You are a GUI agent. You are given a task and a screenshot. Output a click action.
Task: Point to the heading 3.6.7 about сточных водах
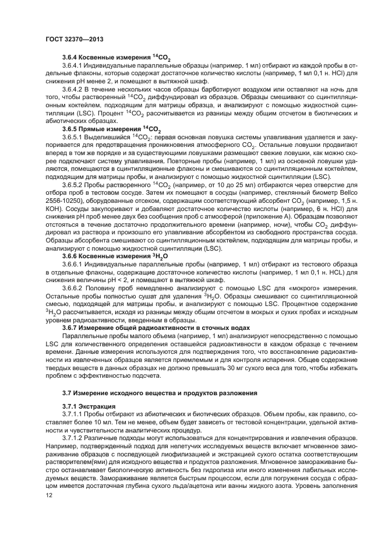(x=156, y=328)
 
